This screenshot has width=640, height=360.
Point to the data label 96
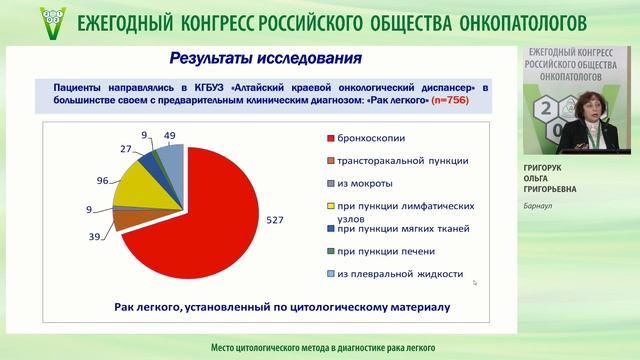coord(101,182)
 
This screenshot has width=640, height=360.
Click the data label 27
coord(126,149)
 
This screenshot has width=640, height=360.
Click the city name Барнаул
coord(540,208)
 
